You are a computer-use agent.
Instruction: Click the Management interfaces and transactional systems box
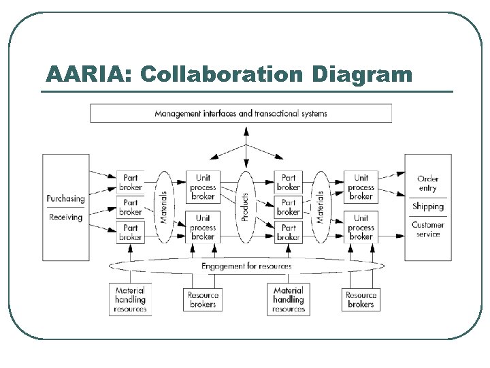tap(241, 113)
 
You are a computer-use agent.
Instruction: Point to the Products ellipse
tap(246, 206)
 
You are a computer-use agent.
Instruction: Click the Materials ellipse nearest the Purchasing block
tap(164, 206)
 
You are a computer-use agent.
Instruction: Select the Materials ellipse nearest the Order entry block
tap(320, 206)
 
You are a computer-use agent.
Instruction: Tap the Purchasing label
tap(65, 199)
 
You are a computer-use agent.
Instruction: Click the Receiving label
tap(65, 217)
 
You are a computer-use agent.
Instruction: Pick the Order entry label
tap(427, 183)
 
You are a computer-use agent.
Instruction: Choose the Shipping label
tap(427, 206)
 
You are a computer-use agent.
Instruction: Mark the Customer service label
tap(427, 229)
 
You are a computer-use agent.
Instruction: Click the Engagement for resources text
tap(246, 266)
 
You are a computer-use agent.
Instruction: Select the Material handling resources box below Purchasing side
tap(130, 299)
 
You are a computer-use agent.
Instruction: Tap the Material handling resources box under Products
tap(288, 299)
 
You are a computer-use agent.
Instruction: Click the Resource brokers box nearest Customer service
tap(361, 300)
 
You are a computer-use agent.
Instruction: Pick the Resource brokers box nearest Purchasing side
tap(202, 300)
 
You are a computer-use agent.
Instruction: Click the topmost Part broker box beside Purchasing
tap(130, 182)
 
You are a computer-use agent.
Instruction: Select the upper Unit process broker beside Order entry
tap(361, 187)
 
